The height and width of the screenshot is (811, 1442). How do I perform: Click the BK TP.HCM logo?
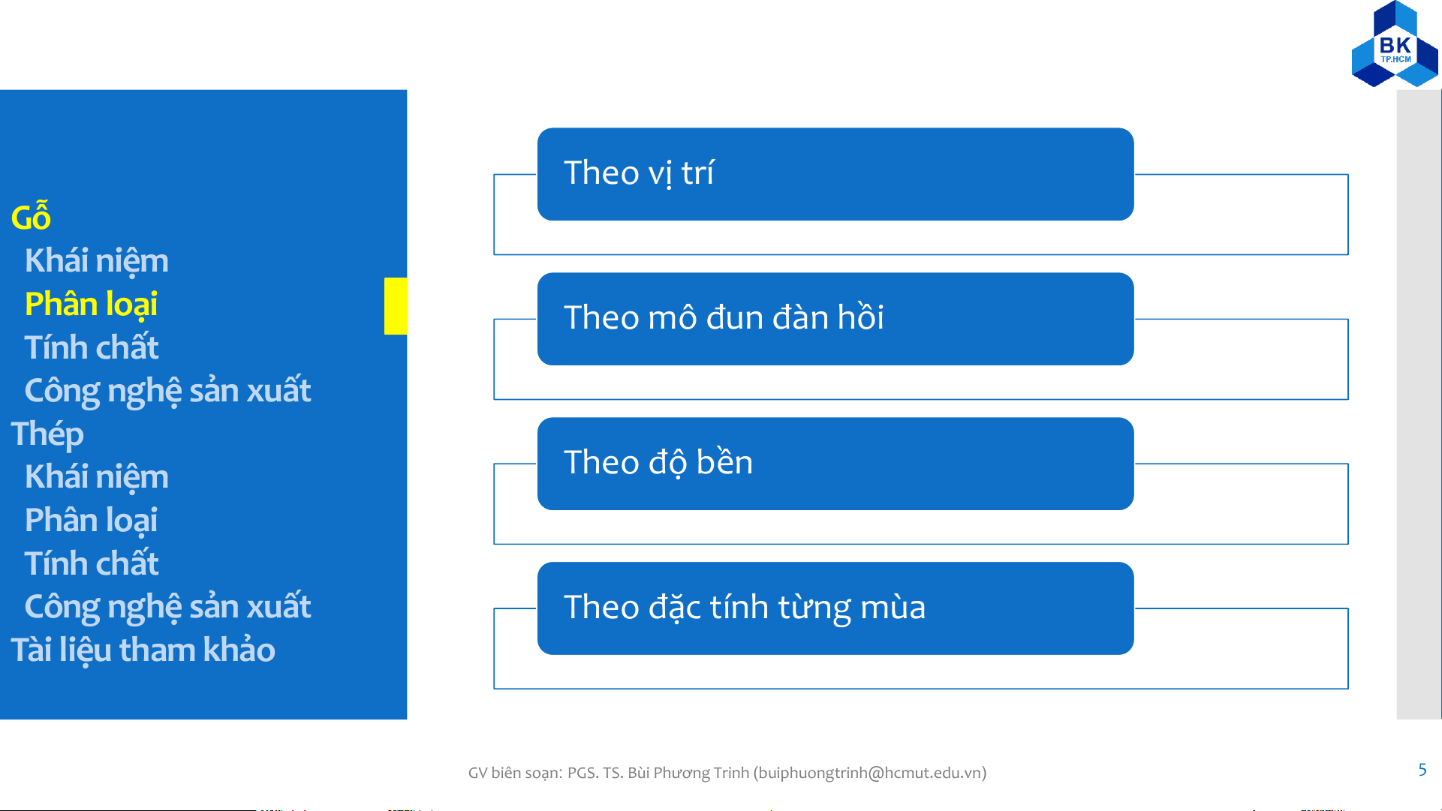pyautogui.click(x=1395, y=44)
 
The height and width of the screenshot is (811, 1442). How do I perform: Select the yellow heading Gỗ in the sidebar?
pyautogui.click(x=31, y=216)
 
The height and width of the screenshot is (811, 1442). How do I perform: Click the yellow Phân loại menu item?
pyautogui.click(x=91, y=305)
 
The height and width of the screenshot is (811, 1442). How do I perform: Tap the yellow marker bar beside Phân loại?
pyautogui.click(x=396, y=306)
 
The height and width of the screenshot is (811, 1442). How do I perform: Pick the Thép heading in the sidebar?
pyautogui.click(x=47, y=434)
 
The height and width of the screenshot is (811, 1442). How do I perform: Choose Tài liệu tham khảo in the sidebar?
pyautogui.click(x=143, y=650)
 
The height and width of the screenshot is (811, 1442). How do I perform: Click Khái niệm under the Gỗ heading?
pyautogui.click(x=96, y=260)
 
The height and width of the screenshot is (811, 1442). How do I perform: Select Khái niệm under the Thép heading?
pyautogui.click(x=96, y=476)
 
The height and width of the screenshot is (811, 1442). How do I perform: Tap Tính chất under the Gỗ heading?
pyautogui.click(x=91, y=347)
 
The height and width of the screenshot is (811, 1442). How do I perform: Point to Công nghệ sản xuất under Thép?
pyautogui.click(x=167, y=607)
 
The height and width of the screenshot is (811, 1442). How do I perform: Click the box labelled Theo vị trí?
pyautogui.click(x=835, y=174)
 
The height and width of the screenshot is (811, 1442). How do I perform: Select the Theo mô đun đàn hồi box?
pyautogui.click(x=835, y=319)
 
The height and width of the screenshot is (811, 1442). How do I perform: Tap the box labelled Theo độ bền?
pyautogui.click(x=835, y=464)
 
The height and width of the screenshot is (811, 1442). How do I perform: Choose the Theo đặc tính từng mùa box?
pyautogui.click(x=835, y=608)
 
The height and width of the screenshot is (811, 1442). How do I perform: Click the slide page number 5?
pyautogui.click(x=1422, y=770)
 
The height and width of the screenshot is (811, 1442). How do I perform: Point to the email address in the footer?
pyautogui.click(x=870, y=773)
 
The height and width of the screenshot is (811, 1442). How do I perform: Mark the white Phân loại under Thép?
pyautogui.click(x=91, y=521)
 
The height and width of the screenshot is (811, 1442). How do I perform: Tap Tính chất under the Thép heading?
pyautogui.click(x=91, y=563)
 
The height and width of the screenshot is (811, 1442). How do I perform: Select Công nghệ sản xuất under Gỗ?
pyautogui.click(x=167, y=391)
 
